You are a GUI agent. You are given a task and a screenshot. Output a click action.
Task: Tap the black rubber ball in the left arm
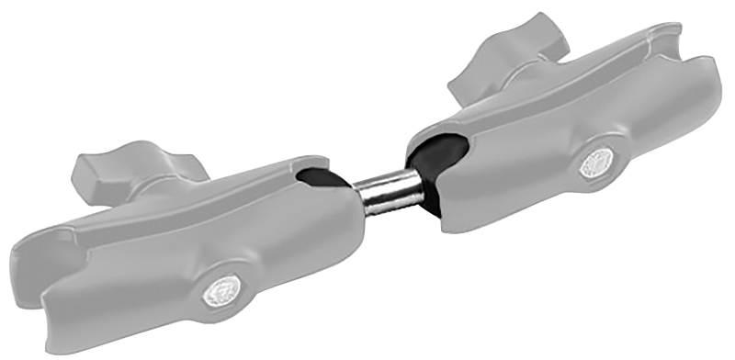click(x=318, y=177)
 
